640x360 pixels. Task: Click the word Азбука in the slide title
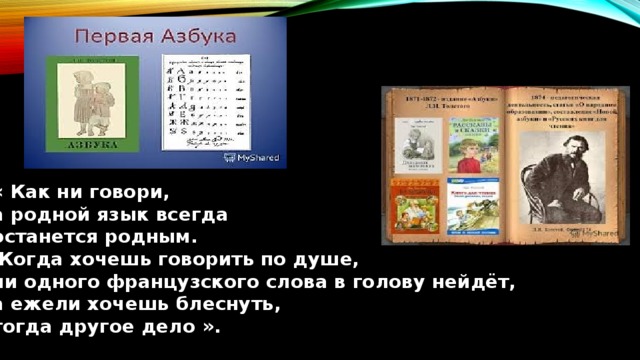tap(196, 37)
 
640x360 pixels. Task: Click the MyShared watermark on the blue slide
tap(254, 157)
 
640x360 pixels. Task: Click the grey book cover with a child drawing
tap(418, 147)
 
